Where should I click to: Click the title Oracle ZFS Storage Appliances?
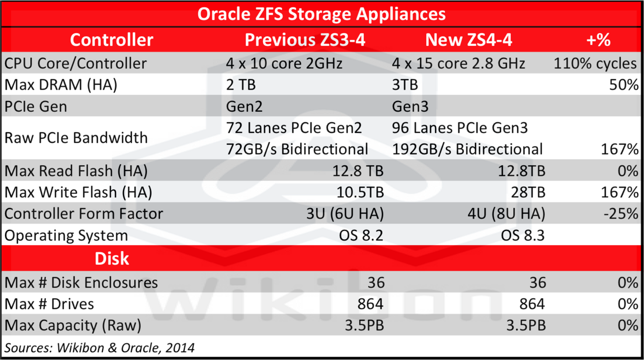321,14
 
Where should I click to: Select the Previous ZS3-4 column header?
305,40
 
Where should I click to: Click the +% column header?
598,40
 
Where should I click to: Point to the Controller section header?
111,40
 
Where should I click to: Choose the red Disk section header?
112,258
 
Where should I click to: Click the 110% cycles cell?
595,63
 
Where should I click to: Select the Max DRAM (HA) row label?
61,85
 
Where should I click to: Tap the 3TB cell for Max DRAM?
405,85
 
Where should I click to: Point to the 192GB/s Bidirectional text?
467,149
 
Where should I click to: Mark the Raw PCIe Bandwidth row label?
76,138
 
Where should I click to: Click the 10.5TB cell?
359,192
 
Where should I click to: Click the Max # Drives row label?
49,304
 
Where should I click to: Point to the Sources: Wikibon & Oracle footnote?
100,347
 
